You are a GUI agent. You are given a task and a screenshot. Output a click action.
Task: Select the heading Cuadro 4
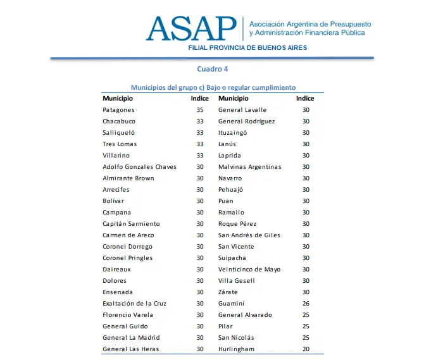[x=212, y=69]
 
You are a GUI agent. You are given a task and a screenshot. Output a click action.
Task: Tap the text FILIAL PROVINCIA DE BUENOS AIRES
[x=247, y=47]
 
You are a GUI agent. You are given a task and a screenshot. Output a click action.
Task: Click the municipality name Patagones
[x=118, y=110]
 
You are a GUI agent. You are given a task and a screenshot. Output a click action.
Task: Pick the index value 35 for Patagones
[x=200, y=110]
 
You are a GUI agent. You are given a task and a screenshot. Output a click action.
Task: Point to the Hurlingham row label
[x=236, y=349]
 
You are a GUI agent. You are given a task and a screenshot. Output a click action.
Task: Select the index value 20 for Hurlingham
[x=306, y=349]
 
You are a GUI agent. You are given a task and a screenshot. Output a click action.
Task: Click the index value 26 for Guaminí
[x=306, y=304]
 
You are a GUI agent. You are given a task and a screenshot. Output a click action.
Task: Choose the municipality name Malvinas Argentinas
[x=249, y=167]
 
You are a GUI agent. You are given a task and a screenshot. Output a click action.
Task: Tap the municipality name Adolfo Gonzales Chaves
[x=139, y=167]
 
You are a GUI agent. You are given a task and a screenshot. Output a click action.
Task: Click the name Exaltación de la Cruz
[x=134, y=304]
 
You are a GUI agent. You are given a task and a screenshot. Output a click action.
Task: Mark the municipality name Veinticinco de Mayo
[x=249, y=270]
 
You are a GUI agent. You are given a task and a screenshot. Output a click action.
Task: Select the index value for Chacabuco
[x=200, y=121]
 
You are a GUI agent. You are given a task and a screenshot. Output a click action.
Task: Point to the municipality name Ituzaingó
[x=232, y=133]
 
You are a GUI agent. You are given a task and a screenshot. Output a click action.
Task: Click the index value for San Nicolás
[x=306, y=338]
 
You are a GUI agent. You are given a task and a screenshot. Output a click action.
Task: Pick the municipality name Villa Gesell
[x=236, y=281]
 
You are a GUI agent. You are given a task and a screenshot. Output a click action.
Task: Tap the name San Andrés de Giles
[x=249, y=235]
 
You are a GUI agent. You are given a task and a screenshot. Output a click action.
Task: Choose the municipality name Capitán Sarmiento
[x=131, y=224]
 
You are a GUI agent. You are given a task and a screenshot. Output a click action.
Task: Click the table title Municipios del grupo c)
[x=213, y=87]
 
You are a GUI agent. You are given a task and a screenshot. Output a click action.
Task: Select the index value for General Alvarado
[x=306, y=315]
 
